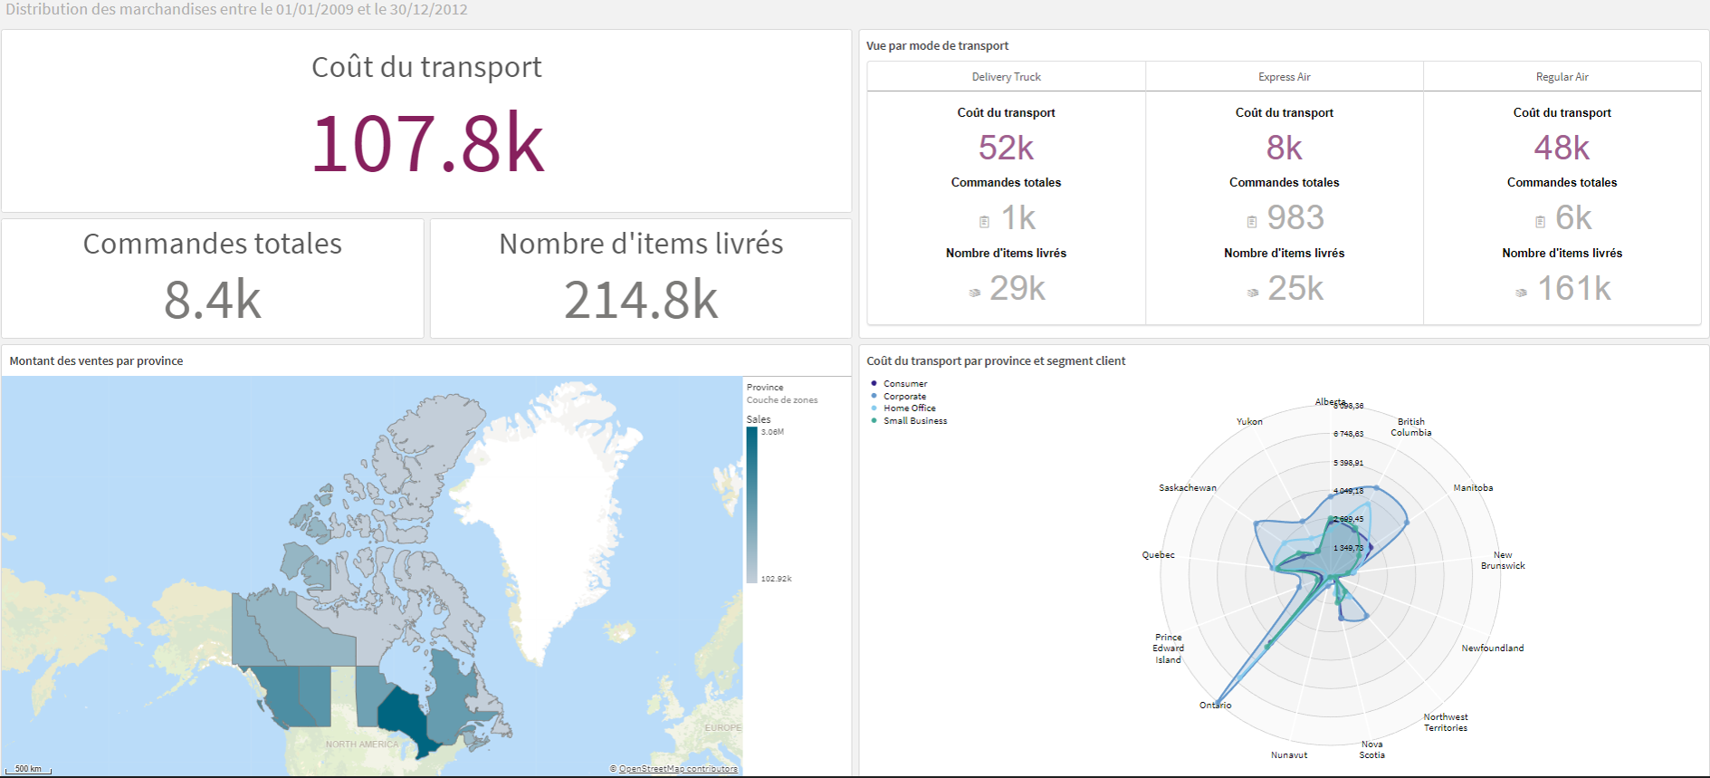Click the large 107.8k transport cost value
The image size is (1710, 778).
click(x=427, y=144)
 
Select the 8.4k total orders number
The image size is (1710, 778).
click(x=213, y=300)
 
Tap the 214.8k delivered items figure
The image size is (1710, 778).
click(x=641, y=300)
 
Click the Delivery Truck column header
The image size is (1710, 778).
click(x=1006, y=77)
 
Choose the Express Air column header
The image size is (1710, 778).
click(x=1284, y=77)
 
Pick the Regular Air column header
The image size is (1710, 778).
click(x=1562, y=77)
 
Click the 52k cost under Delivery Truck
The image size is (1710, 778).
click(x=1006, y=148)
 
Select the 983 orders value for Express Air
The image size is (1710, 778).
click(x=1294, y=217)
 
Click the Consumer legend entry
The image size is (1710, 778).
click(x=904, y=384)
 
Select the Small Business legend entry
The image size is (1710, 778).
click(x=914, y=421)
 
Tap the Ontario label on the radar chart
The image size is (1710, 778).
click(x=1215, y=705)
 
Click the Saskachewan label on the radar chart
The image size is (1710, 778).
click(x=1187, y=488)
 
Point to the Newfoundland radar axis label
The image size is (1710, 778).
click(x=1492, y=648)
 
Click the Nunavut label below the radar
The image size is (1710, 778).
click(x=1288, y=754)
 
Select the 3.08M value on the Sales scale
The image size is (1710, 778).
click(x=772, y=432)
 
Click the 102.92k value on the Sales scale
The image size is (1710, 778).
click(x=776, y=579)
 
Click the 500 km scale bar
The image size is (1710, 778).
click(x=28, y=769)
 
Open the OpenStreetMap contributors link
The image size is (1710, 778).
click(x=677, y=769)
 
